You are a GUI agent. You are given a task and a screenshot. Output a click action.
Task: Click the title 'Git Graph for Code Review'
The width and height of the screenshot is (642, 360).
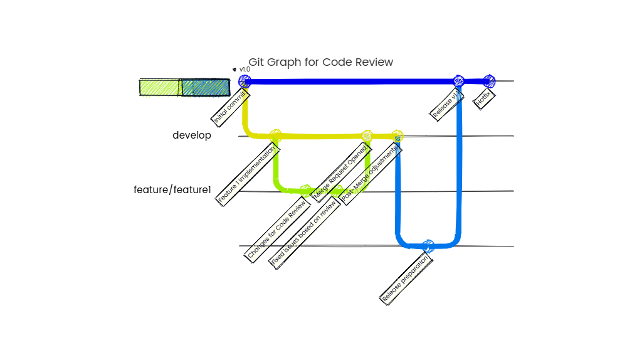tap(320, 62)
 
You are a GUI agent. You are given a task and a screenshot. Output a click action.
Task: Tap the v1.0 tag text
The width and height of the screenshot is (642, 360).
tap(245, 70)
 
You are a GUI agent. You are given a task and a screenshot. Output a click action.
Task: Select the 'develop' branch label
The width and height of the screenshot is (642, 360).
tap(192, 135)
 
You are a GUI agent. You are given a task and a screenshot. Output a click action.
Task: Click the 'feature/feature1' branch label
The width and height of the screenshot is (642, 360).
tap(172, 190)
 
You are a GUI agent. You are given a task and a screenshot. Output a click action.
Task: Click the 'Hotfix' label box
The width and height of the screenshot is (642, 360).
tap(485, 98)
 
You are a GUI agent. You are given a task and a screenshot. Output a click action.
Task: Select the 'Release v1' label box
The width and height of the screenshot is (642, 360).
tap(447, 103)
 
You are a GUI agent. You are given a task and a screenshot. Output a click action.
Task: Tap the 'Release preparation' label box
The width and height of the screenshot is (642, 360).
tap(407, 278)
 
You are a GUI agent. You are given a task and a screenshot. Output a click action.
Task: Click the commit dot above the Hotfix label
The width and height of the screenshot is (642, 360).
tap(489, 81)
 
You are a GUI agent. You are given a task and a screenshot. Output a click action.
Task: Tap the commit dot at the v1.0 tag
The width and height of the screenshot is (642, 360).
tap(245, 81)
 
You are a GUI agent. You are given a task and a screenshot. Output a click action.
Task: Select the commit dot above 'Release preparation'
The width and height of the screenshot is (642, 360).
tap(428, 245)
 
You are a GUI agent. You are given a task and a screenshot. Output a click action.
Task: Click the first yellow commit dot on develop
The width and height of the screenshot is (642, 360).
tap(275, 135)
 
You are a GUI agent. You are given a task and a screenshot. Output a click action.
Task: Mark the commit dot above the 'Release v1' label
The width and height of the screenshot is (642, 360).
tap(459, 81)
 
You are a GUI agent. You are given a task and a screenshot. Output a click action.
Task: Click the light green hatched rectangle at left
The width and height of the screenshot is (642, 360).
tap(160, 88)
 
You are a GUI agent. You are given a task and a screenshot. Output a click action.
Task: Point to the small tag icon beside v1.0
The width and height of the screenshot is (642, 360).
tap(234, 70)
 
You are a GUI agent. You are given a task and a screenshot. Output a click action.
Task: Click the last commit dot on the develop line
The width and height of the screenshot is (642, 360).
tap(397, 136)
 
